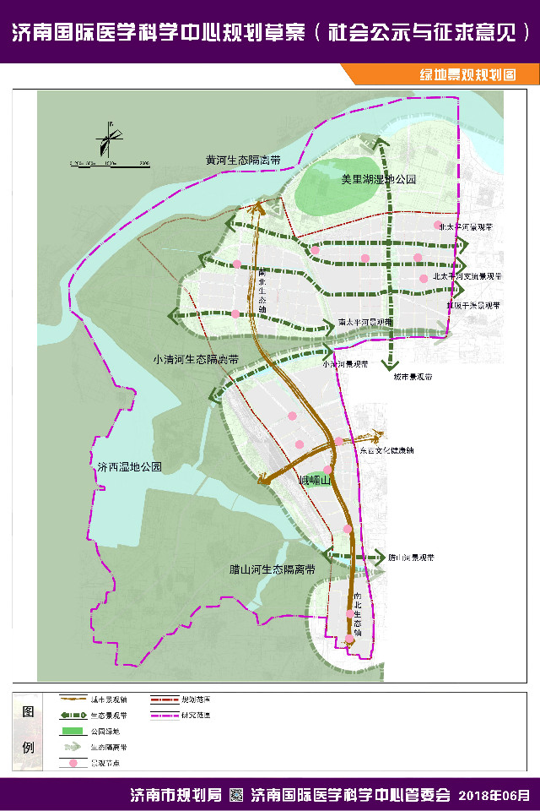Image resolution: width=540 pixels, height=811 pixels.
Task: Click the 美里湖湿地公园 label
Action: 379,180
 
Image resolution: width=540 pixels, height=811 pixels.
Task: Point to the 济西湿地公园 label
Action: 129,466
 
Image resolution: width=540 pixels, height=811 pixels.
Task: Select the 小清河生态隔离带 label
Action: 196,359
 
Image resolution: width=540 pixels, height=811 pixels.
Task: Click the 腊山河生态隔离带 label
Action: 272,569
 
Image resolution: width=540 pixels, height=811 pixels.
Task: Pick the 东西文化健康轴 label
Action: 386,450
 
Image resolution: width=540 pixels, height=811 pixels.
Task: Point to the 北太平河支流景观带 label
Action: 467,276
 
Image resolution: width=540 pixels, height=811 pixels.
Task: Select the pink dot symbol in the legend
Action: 73,764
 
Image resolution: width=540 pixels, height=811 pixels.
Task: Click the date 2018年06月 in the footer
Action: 494,795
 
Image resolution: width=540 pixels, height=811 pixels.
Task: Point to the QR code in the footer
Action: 236,795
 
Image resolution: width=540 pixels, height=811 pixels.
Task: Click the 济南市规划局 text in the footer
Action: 175,795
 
